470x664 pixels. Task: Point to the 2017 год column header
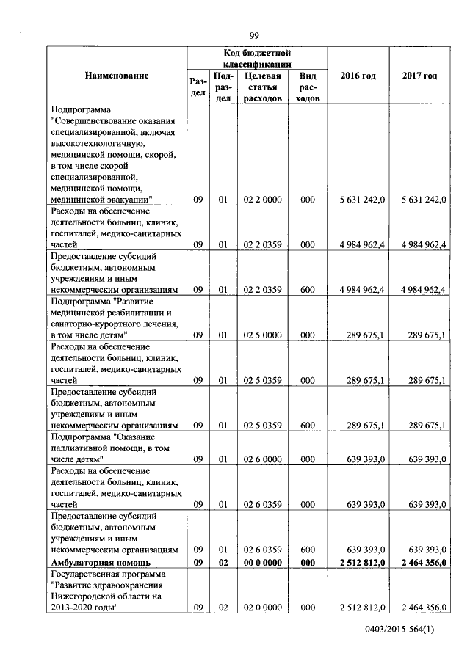point(419,76)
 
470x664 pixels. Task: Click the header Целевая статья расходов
point(262,87)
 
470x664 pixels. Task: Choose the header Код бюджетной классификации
point(257,59)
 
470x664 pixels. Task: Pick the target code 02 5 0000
point(262,335)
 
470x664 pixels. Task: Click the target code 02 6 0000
point(262,459)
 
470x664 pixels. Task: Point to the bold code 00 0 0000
point(262,562)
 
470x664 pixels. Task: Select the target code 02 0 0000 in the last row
point(262,608)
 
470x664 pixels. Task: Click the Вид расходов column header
point(308,87)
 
